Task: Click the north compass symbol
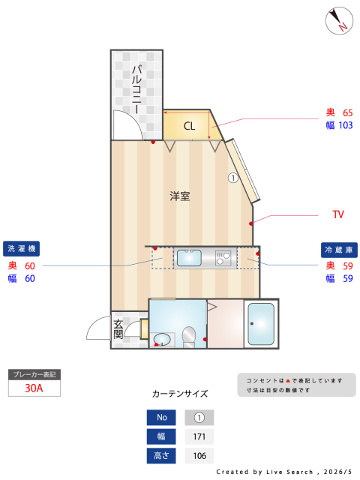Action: coord(339,21)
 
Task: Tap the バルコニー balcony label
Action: coord(136,88)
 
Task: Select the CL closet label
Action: coord(189,126)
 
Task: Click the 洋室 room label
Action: coord(180,196)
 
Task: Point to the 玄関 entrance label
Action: coord(118,329)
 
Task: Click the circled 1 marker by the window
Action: coord(233,178)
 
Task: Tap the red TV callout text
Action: coord(338,214)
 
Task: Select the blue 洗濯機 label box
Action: coord(22,248)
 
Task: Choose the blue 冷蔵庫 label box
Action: coord(339,250)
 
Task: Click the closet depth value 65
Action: coord(348,113)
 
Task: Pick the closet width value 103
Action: coord(346,125)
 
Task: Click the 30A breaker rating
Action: coord(34,388)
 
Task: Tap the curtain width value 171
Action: coord(199,436)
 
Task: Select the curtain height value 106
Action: coord(199,456)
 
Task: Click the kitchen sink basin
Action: coord(189,258)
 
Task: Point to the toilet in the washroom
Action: coord(189,337)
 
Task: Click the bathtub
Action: coord(261,324)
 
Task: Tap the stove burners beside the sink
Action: coord(223,258)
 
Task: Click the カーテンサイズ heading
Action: coord(180,394)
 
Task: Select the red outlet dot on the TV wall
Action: coord(251,223)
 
